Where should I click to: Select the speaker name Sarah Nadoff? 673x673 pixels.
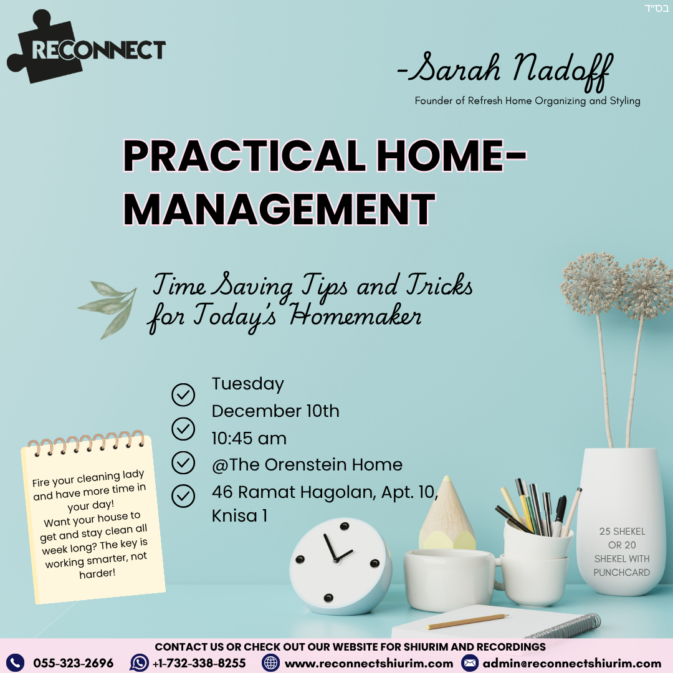click(505, 70)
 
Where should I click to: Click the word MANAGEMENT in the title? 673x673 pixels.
click(279, 209)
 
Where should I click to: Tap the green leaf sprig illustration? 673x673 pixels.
click(107, 308)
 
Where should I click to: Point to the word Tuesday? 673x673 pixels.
click(247, 384)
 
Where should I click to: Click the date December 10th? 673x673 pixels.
click(275, 411)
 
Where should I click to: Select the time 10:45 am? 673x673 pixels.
click(249, 438)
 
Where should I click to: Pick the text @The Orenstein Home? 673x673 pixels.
click(307, 464)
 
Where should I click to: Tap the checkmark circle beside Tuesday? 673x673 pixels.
click(183, 394)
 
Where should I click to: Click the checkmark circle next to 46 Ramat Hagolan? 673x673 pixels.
click(183, 496)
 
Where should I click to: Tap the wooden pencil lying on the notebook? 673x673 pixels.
click(467, 621)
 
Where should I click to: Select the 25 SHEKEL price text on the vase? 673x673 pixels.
click(622, 532)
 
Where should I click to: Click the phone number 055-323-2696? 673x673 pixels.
click(74, 663)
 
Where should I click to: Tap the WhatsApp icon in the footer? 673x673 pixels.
click(140, 662)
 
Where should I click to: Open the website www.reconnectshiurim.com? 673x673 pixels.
click(369, 664)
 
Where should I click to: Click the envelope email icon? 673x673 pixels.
click(470, 663)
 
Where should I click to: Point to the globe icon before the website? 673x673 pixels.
click(270, 662)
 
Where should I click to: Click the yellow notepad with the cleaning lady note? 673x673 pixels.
click(93, 518)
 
